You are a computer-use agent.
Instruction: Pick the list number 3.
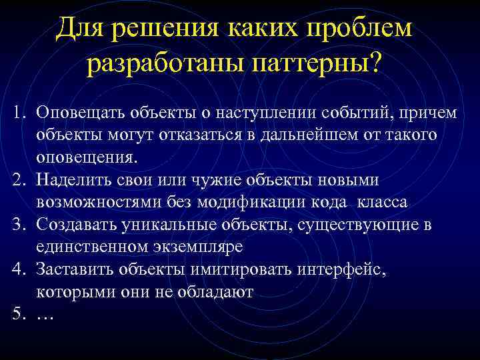point(15,225)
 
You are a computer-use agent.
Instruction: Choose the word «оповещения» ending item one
point(85,157)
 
